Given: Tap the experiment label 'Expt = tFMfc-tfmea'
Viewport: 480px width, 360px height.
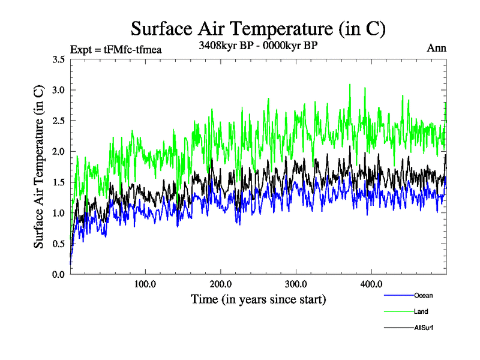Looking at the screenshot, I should click(x=116, y=49).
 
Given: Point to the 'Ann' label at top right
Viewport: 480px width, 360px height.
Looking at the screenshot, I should click(x=436, y=49).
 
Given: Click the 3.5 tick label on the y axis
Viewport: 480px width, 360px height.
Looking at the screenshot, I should click(x=59, y=59).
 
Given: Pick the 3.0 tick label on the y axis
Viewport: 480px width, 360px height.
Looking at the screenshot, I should click(x=59, y=90).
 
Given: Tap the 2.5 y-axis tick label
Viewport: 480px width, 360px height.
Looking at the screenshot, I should click(x=59, y=121).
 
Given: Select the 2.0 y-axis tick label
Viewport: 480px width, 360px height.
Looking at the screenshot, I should click(x=59, y=151).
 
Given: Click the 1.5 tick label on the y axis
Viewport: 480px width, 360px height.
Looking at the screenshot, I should click(x=59, y=182).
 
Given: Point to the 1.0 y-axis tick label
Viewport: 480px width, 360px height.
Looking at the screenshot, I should click(x=59, y=213).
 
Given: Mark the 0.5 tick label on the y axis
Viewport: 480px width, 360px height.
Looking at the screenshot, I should click(x=59, y=244).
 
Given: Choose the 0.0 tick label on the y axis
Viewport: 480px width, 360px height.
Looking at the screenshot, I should click(x=59, y=274).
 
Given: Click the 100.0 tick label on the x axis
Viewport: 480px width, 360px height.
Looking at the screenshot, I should click(x=145, y=284).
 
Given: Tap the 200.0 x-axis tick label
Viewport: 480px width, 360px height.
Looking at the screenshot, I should click(x=221, y=284).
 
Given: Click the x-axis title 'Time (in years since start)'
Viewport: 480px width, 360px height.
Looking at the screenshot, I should click(x=258, y=299).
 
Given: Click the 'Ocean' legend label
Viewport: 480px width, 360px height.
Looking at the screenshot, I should click(x=423, y=296).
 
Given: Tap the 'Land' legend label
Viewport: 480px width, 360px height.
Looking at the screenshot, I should click(x=421, y=312).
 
